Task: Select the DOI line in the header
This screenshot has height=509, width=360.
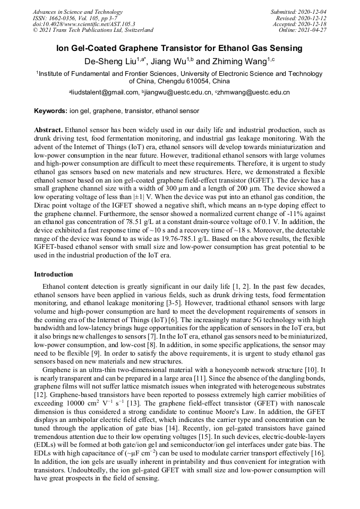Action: coord(83,24)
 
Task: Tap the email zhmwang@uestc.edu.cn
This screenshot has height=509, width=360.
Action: coord(254,92)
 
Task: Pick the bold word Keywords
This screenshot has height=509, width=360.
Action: coord(50,111)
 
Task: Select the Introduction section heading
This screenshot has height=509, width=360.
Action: coord(54,274)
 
